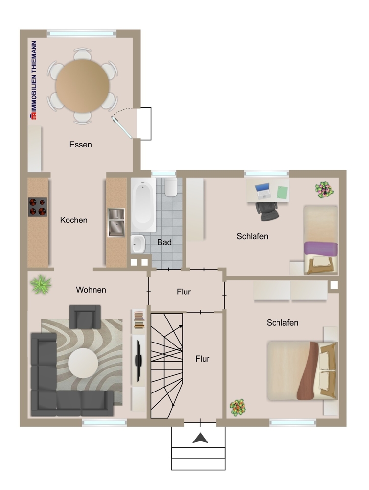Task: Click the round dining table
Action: point(82,86)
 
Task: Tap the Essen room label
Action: point(81,145)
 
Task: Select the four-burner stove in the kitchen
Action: point(38,207)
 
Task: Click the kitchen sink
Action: point(116,222)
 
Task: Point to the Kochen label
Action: point(74,220)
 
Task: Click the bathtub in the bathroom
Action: point(143,205)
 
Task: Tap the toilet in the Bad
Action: point(171,187)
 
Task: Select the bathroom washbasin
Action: point(138,244)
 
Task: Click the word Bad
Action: point(164,242)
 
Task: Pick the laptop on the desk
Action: point(262,191)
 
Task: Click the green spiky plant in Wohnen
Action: point(41,285)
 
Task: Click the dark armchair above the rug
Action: point(85,317)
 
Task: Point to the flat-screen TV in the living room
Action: point(138,359)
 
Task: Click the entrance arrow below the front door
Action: point(200,438)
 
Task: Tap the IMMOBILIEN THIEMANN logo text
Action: point(33,80)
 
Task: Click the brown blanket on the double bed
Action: point(307,370)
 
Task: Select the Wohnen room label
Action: point(91,290)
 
